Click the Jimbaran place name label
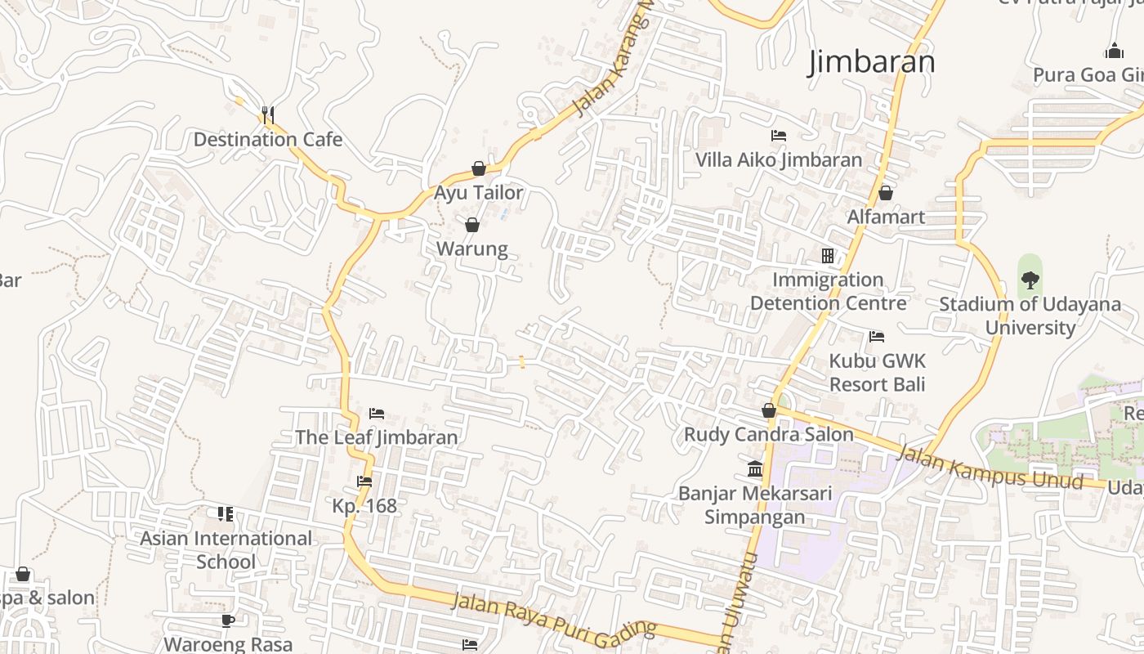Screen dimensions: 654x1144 coord(871,62)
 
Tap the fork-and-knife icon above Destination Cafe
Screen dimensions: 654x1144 coord(267,114)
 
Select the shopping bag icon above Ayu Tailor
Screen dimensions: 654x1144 coord(479,169)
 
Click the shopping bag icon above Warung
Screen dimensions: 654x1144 coord(472,225)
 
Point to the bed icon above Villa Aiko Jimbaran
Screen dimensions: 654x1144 coord(779,135)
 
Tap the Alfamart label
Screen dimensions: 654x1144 coord(886,217)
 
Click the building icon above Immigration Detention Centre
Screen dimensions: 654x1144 coord(828,256)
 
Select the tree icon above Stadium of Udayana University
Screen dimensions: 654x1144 coord(1030,280)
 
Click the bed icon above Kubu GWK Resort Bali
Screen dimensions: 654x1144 coord(877,336)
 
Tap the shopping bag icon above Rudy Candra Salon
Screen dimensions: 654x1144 coord(769,410)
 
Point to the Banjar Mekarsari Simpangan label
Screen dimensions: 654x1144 coord(755,505)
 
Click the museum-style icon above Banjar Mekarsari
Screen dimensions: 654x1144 coord(755,470)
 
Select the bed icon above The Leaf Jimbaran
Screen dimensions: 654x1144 coord(376,414)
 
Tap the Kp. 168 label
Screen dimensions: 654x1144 coord(364,506)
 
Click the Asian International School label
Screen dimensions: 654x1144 coord(226,550)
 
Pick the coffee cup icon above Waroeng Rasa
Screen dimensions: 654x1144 coord(228,620)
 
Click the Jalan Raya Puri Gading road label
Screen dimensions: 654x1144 coord(554,615)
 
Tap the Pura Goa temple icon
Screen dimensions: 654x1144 coord(1114,52)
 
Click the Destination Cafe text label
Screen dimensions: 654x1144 coord(268,139)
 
